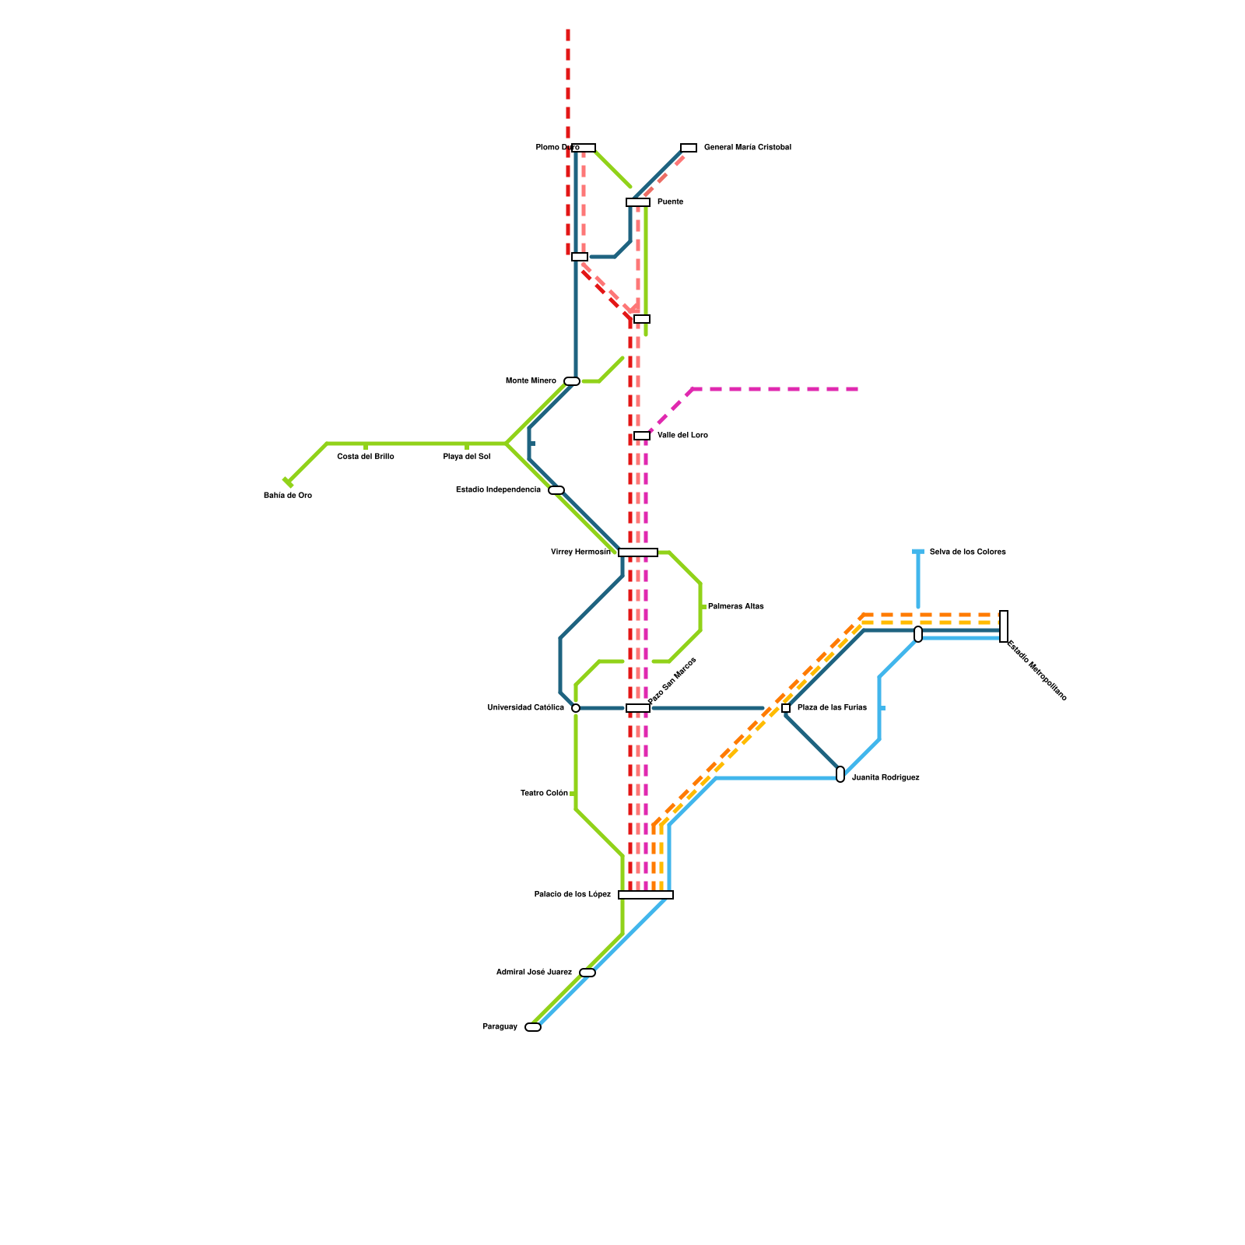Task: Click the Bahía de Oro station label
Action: point(288,496)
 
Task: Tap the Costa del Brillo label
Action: point(366,457)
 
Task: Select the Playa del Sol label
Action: point(467,457)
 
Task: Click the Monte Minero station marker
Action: point(572,381)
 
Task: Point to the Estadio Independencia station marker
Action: point(556,490)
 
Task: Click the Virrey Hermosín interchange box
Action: point(638,552)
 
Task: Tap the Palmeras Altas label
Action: point(736,607)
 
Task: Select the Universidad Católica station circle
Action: point(576,708)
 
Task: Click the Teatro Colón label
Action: point(545,794)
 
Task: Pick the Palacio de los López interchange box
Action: point(646,895)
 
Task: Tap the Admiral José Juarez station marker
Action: point(587,973)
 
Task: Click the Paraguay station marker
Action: point(533,1027)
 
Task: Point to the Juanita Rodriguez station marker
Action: point(840,774)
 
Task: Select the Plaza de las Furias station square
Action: point(786,708)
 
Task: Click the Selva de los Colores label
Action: point(968,552)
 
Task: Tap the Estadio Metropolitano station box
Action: point(1004,626)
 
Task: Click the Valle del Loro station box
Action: point(642,436)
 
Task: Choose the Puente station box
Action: point(638,202)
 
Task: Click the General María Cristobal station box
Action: point(689,148)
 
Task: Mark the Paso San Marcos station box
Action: point(638,708)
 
